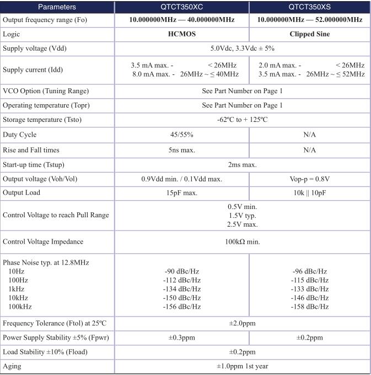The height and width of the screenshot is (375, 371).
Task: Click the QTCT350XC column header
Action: (181, 7)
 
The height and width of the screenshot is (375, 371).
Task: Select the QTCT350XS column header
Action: (309, 7)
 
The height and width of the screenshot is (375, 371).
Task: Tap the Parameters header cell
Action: (57, 7)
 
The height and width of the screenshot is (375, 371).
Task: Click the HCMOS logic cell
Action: (181, 33)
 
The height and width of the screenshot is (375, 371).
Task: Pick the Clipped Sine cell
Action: (309, 33)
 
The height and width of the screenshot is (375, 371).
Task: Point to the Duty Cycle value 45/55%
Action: (181, 135)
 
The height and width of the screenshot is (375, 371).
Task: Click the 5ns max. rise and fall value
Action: (181, 149)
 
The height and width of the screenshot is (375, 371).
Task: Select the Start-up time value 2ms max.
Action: (242, 164)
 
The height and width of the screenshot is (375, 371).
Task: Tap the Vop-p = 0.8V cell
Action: (309, 179)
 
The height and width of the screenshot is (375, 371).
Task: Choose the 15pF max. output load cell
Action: (181, 193)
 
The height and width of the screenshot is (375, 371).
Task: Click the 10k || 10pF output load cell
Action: (309, 193)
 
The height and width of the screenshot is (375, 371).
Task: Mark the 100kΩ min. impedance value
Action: (242, 242)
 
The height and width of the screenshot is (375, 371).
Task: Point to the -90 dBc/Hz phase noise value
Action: (182, 271)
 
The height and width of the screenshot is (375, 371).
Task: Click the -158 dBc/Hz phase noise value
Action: (310, 307)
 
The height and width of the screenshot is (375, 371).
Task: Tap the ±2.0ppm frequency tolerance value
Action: (242, 323)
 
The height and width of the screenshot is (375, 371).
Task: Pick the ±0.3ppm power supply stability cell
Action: (181, 337)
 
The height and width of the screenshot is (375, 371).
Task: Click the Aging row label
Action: (12, 366)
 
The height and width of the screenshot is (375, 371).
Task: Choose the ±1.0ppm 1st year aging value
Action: (242, 366)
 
